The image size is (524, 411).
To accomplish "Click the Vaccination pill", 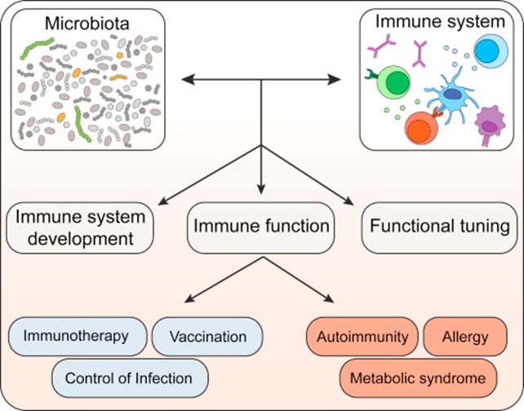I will [x=208, y=335].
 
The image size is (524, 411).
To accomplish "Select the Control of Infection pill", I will [x=130, y=378].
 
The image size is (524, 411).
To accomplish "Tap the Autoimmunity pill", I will [x=363, y=335].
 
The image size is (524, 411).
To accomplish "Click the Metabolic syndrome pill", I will [x=418, y=378].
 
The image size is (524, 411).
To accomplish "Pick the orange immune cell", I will [x=422, y=128].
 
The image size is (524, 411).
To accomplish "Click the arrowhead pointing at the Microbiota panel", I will [x=185, y=79].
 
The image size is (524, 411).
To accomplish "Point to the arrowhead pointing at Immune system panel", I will [x=335, y=79].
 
